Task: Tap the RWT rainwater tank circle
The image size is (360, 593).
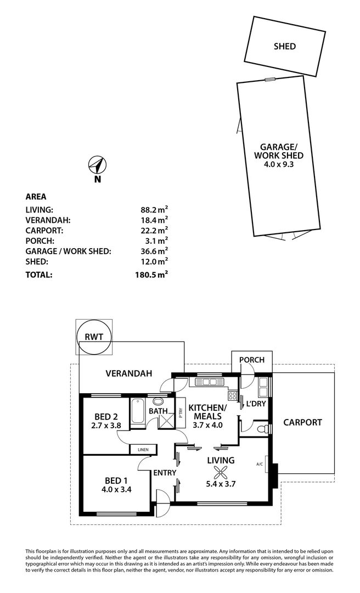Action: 94,337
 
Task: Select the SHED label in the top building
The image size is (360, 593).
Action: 284,47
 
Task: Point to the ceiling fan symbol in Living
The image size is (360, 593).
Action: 221,472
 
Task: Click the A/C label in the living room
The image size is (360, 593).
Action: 260,464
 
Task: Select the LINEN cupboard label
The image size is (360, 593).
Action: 143,450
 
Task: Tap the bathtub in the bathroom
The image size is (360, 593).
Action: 137,410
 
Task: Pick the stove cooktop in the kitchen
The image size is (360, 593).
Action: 232,395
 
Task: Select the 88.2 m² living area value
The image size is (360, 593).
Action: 154,209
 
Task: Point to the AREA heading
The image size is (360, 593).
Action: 36,197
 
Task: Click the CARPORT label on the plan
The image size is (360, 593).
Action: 302,422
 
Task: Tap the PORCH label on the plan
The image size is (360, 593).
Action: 252,360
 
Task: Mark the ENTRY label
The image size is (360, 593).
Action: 164,473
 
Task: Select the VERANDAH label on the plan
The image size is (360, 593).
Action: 128,373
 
